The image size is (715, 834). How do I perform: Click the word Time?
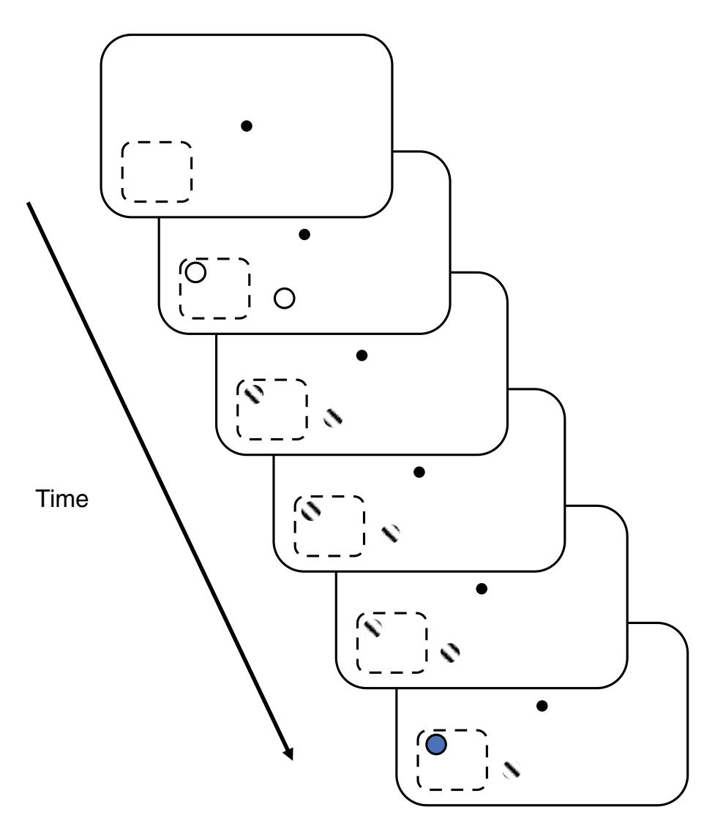(62, 500)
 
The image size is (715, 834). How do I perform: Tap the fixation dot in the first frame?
(247, 126)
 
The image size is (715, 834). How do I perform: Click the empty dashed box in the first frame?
(157, 172)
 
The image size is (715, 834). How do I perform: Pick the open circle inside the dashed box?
(195, 273)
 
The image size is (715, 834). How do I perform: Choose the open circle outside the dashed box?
(284, 298)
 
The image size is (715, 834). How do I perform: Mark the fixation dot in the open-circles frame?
(304, 234)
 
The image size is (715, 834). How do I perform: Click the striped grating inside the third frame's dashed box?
(253, 395)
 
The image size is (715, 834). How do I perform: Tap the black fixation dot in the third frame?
(361, 355)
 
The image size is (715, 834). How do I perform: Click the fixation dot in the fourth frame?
(419, 472)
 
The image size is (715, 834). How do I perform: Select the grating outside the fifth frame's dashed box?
(451, 650)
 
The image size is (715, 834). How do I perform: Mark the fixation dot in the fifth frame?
(481, 587)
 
